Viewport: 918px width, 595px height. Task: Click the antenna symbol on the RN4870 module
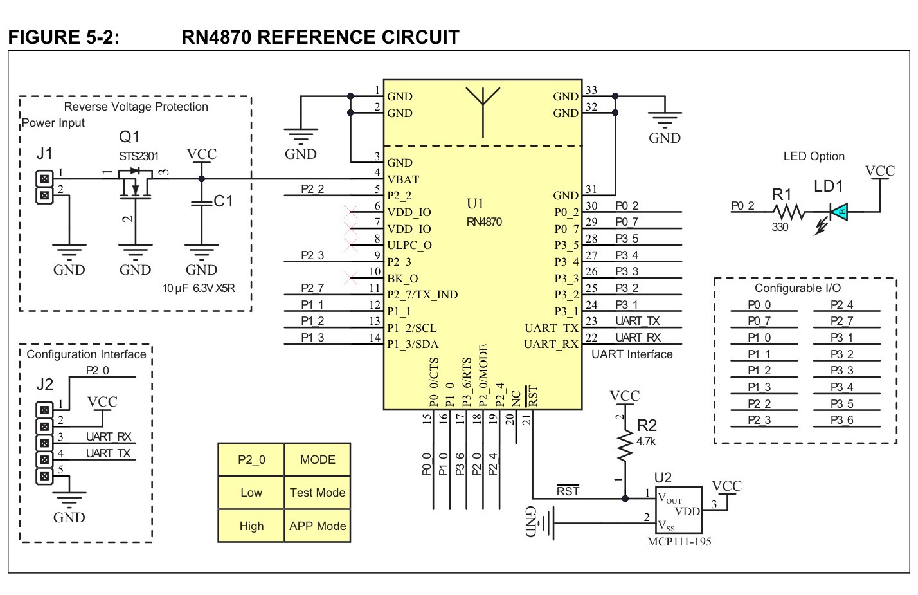[x=483, y=111]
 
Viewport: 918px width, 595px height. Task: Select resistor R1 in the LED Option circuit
[x=789, y=212]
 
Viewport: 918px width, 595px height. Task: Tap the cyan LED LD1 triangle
[x=839, y=212]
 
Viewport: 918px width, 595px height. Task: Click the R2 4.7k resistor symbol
[x=625, y=445]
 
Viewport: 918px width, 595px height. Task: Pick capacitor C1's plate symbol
[x=201, y=203]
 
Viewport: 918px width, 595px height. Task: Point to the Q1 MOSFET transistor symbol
[x=136, y=184]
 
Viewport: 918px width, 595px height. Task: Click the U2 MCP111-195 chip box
[x=679, y=510]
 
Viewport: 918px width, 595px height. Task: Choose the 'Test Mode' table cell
[x=318, y=493]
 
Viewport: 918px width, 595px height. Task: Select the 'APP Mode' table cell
[x=318, y=526]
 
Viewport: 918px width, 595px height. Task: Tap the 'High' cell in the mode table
[x=251, y=526]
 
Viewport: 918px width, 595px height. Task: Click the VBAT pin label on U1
[x=403, y=179]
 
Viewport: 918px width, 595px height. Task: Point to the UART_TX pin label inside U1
[x=551, y=328]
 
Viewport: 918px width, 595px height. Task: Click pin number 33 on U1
[x=591, y=90]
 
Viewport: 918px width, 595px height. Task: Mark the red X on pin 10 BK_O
[x=350, y=278]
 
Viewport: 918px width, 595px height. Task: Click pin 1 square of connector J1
[x=44, y=179]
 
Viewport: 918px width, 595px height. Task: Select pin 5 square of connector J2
[x=44, y=476]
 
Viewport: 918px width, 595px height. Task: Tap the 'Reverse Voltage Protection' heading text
[x=136, y=107]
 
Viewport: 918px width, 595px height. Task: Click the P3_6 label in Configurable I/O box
[x=842, y=420]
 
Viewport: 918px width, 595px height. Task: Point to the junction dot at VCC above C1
[x=201, y=179]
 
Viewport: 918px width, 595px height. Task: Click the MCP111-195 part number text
[x=679, y=542]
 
